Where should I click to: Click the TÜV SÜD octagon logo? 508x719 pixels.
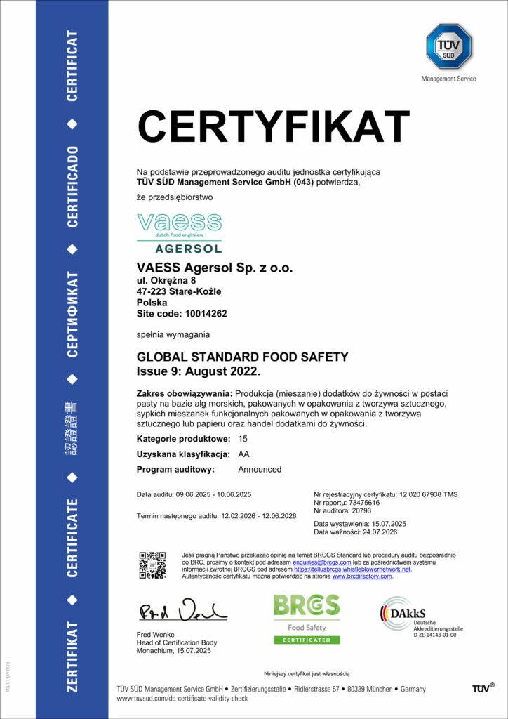point(449,46)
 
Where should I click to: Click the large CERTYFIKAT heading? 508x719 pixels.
point(273,128)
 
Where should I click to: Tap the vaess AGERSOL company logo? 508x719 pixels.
point(179,233)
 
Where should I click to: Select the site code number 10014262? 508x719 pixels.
point(204,314)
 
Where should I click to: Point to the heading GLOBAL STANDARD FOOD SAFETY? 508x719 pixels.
point(242,357)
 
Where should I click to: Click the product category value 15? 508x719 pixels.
point(243,439)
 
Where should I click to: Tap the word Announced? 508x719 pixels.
point(260,469)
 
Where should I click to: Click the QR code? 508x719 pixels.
point(152,565)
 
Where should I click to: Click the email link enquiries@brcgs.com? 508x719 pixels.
point(321,562)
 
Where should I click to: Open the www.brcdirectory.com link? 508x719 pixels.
point(361,576)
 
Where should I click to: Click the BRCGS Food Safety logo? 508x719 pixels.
point(306,619)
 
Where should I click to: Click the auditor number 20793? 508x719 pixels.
point(367,511)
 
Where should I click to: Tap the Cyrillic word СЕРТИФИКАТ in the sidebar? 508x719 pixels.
point(72,310)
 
